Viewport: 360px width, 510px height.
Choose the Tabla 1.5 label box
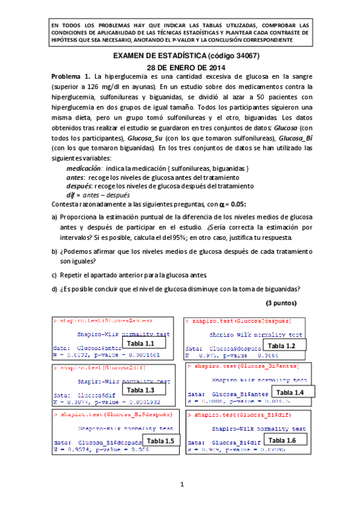(160, 441)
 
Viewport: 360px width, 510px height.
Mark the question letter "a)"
(55, 217)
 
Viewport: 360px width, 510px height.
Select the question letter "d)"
(55, 287)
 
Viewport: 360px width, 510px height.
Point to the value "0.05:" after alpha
(235, 204)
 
